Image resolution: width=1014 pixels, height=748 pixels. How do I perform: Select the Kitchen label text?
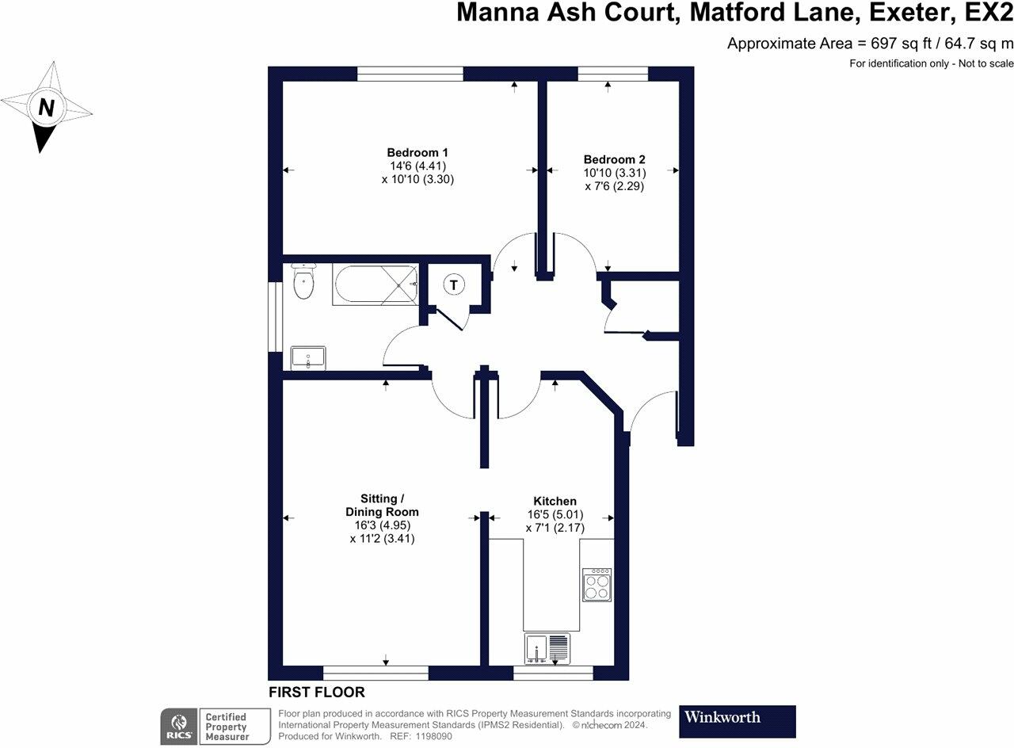(555, 501)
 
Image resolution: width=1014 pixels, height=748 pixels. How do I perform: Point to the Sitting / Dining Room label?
(383, 506)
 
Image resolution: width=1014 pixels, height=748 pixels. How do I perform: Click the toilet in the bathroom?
(303, 281)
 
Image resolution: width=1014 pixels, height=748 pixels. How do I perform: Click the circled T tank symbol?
(454, 284)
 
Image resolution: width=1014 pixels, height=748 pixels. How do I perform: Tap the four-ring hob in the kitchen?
(597, 585)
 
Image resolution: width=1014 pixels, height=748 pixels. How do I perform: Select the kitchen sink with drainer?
(547, 648)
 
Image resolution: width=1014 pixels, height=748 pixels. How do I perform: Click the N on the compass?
(47, 107)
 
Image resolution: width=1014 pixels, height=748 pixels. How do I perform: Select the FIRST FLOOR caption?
(317, 693)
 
